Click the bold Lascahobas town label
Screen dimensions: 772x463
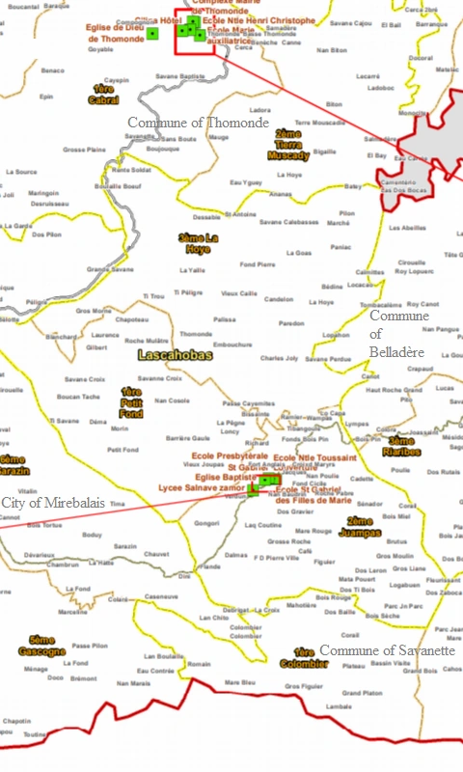[x=175, y=356]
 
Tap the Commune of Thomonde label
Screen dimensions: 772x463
[x=198, y=123]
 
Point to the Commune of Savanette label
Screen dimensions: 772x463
[x=387, y=650]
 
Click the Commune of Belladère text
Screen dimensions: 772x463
[x=398, y=334]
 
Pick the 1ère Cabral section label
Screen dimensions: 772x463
[x=103, y=95]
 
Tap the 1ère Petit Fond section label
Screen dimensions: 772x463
[x=131, y=401]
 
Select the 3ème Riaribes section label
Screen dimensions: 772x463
[x=401, y=446]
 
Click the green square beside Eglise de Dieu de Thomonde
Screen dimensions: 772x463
[x=152, y=34]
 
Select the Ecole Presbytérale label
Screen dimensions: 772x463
[x=230, y=455]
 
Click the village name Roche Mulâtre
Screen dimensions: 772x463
[x=147, y=341]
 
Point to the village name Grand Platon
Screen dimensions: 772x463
[x=362, y=693]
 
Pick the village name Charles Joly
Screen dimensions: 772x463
[x=279, y=358]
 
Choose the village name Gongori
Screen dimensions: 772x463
[x=207, y=523]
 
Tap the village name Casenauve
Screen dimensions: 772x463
[x=161, y=596]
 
